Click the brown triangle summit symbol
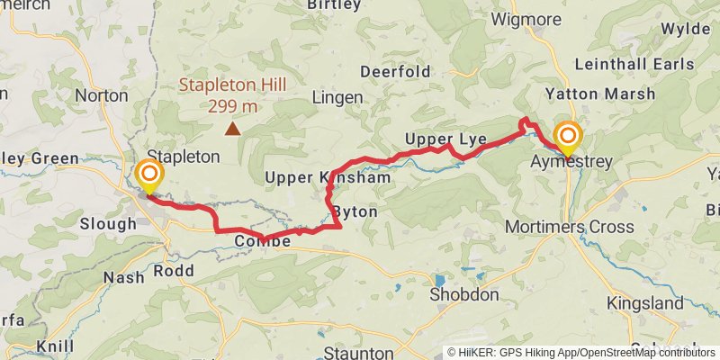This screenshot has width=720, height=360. pos(233,129)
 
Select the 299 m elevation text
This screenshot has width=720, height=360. pos(232,106)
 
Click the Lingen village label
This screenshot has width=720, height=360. pos(337,97)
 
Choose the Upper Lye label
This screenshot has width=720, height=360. pos(445,139)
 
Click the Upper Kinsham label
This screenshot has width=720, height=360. pos(328,178)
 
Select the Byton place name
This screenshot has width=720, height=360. pos(354,211)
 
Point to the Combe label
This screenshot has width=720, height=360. pos(262,242)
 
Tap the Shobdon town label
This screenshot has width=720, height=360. pos(463,295)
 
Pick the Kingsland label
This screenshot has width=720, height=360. pos(644,303)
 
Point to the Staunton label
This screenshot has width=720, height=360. pos(358,353)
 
